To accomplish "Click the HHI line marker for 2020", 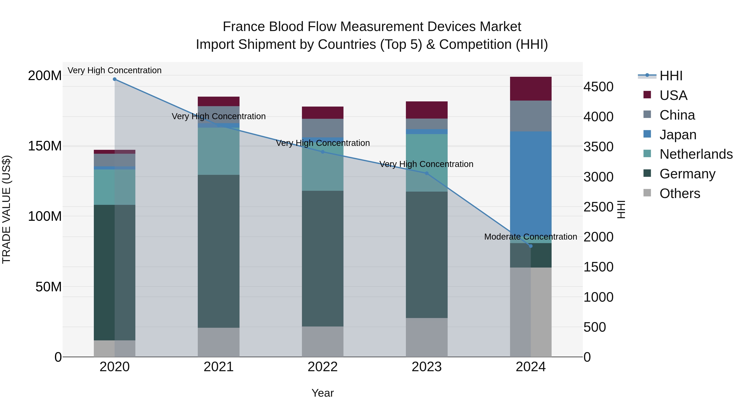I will coord(115,79).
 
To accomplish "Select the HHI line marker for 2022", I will coord(323,152).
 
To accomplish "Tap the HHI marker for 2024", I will coord(531,246).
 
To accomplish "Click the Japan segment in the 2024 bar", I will coord(531,185).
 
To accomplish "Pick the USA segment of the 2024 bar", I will coord(531,89).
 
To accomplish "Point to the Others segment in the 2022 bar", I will coord(323,341).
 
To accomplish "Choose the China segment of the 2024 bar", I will coord(531,116).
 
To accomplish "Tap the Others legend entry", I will coord(680,193).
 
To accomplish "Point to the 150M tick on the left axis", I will coord(45,146).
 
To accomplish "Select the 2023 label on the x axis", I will coord(427,367).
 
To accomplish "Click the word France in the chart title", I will coord(244,27).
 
